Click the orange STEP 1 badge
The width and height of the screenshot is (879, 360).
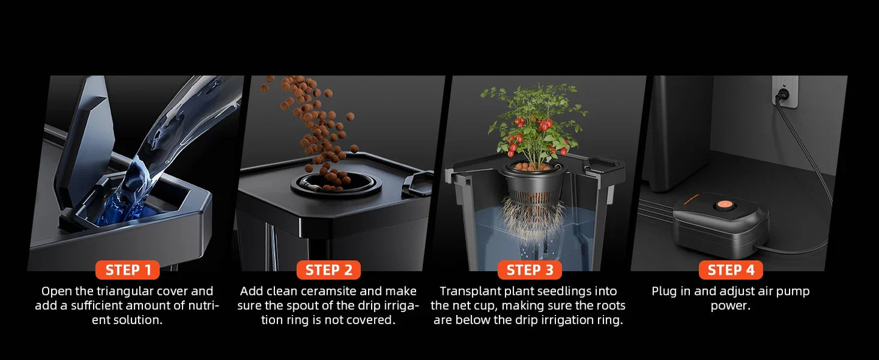(128, 270)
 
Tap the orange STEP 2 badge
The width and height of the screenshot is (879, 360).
(328, 270)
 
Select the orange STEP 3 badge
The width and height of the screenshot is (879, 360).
(530, 270)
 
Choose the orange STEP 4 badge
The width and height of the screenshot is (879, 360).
(731, 270)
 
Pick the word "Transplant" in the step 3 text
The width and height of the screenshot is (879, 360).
(469, 291)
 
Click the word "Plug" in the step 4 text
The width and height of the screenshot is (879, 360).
(664, 291)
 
